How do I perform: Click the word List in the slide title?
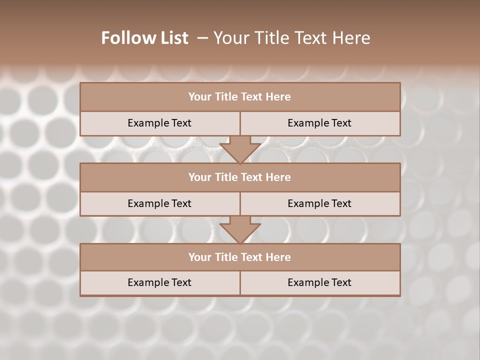tap(172, 38)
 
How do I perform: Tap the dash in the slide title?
tap(202, 38)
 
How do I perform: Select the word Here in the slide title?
tap(352, 38)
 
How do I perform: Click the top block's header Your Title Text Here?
tap(239, 97)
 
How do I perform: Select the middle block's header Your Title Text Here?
tap(239, 177)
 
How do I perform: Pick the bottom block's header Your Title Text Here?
tap(239, 257)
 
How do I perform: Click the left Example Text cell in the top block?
tap(159, 123)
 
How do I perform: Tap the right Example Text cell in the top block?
tap(319, 123)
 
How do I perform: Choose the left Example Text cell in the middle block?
tap(159, 203)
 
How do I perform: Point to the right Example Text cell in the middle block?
tap(319, 203)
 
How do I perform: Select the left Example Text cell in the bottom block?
tap(159, 282)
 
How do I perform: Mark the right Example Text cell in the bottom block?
tap(319, 282)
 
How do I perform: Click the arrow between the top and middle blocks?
tap(240, 149)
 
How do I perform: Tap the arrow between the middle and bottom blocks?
tap(240, 229)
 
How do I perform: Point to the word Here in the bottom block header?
tap(278, 257)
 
